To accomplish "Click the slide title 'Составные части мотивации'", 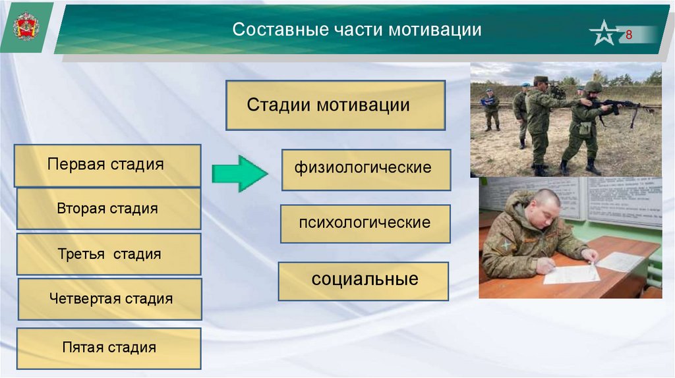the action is (357, 30).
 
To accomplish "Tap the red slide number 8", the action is (628, 35).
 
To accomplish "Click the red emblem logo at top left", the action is (26, 26).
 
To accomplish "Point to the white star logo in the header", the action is (604, 33).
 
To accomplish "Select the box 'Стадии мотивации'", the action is (336, 105).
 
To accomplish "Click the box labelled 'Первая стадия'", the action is (107, 165).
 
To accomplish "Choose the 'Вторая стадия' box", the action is (109, 209).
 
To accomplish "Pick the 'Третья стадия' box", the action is (109, 254).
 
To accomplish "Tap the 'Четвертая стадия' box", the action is (110, 299).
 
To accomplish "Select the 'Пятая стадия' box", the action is (109, 348).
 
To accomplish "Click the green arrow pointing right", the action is (239, 173).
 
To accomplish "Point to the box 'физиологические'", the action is (367, 170).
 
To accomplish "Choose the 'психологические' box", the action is (365, 224).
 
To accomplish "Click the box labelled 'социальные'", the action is (363, 281).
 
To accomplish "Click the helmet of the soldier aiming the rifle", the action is (593, 87).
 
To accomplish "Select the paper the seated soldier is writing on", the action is (572, 275).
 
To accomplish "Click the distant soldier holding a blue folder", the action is (490, 109).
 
